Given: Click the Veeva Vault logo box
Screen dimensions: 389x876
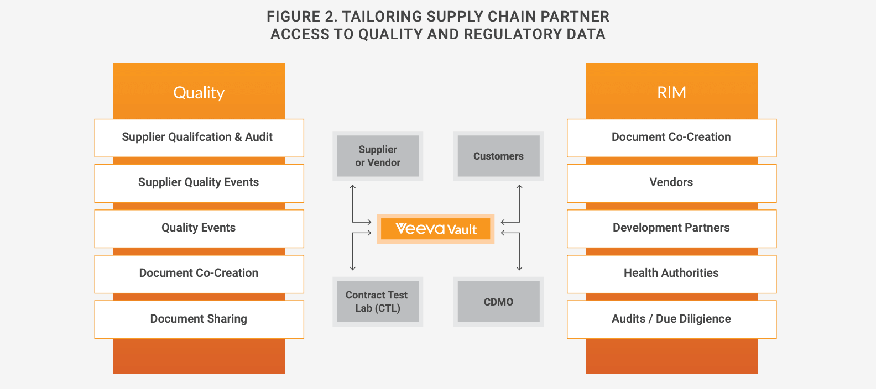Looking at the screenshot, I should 436,229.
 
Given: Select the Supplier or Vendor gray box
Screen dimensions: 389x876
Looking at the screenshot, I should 378,156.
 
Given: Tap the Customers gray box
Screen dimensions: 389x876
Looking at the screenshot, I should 498,156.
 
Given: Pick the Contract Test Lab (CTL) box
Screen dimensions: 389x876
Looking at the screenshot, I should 378,302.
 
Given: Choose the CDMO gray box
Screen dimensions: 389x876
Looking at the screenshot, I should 498,302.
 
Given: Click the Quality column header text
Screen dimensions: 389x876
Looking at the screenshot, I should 199,92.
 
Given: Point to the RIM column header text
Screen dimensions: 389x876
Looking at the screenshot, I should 671,92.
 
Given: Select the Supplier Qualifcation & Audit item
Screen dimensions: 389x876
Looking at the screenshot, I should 197,137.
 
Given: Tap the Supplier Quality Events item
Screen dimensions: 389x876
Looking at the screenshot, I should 199,182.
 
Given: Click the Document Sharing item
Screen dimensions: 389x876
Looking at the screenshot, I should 199,319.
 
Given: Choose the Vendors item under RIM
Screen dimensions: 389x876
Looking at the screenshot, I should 671,182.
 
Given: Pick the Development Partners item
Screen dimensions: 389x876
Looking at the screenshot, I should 671,228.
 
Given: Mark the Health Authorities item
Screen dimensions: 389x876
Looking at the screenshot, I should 671,273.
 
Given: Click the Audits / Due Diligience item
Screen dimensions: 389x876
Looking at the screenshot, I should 671,319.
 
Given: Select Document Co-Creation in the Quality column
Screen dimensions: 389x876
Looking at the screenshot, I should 199,273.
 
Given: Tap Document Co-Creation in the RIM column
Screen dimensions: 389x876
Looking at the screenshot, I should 671,137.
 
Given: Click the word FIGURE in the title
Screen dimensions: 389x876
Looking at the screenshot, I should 294,17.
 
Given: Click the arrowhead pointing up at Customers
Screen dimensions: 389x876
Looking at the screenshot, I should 519,187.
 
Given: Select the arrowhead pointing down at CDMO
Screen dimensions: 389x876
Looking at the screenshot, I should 519,268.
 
